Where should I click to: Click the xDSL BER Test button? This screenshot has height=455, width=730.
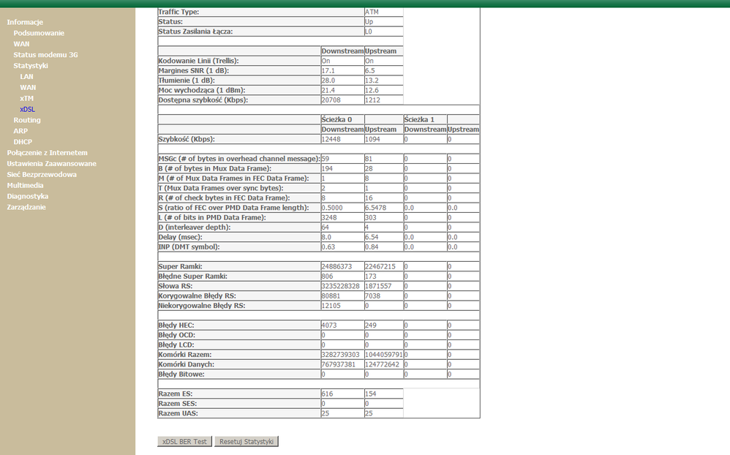pyautogui.click(x=184, y=442)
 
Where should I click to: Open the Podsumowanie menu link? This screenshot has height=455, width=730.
pyautogui.click(x=39, y=33)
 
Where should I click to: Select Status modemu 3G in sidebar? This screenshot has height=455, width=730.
pyautogui.click(x=45, y=55)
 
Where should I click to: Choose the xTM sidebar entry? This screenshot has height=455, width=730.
pyautogui.click(x=27, y=98)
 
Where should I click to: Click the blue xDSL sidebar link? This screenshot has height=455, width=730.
pyautogui.click(x=27, y=109)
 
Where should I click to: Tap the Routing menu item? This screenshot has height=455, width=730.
pyautogui.click(x=27, y=120)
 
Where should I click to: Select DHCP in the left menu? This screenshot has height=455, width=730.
pyautogui.click(x=23, y=142)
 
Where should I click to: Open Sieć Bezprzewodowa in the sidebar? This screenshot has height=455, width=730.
pyautogui.click(x=42, y=175)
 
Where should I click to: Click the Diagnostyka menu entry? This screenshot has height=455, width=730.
pyautogui.click(x=28, y=196)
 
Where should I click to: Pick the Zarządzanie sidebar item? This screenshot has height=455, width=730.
pyautogui.click(x=26, y=207)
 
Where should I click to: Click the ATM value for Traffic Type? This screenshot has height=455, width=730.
pyautogui.click(x=372, y=12)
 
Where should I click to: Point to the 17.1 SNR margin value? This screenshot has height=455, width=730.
pyautogui.click(x=328, y=71)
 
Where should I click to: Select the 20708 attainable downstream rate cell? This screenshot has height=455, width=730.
pyautogui.click(x=331, y=100)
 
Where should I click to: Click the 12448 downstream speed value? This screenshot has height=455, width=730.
pyautogui.click(x=331, y=139)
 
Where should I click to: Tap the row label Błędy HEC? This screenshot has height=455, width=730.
pyautogui.click(x=176, y=325)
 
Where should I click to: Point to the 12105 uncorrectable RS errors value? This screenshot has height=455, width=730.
pyautogui.click(x=331, y=305)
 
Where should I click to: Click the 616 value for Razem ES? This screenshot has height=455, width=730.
pyautogui.click(x=328, y=394)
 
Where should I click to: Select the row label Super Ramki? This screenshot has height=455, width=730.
pyautogui.click(x=180, y=266)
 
